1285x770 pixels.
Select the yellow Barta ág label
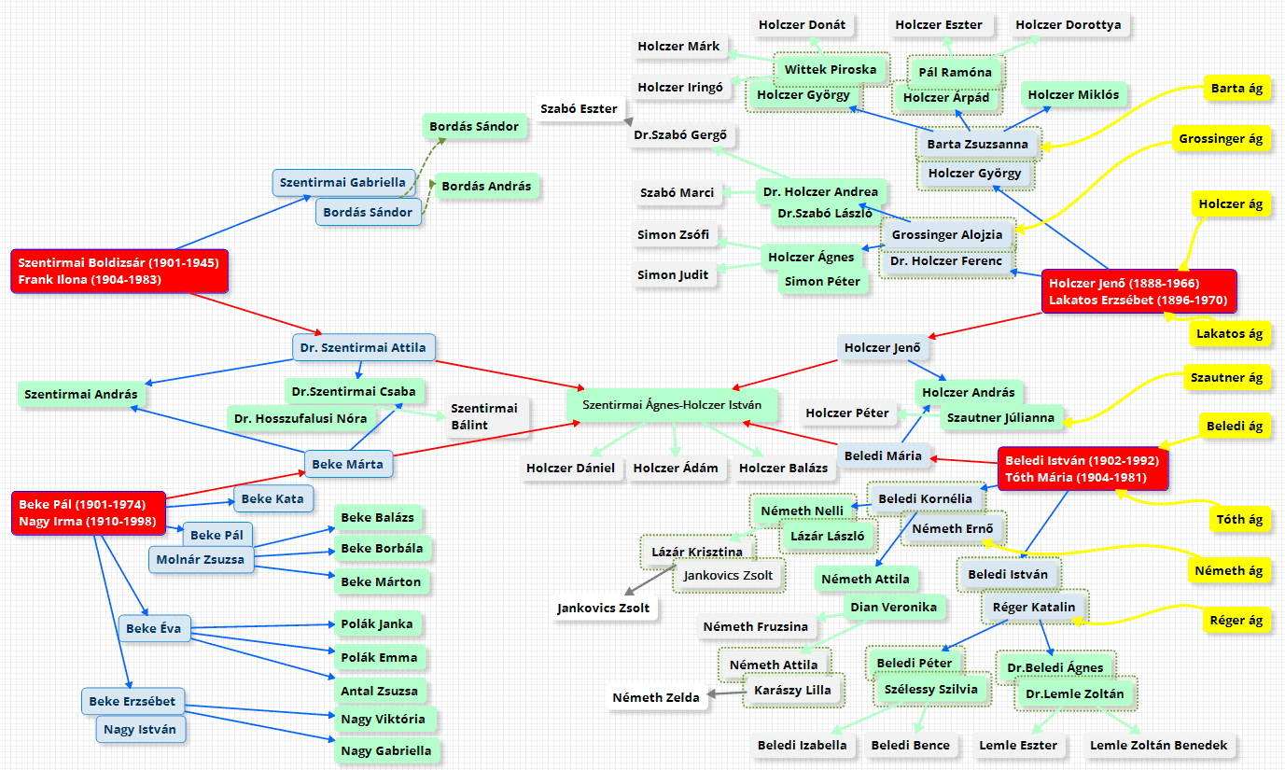click(x=1236, y=88)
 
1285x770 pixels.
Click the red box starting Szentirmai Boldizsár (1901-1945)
click(x=119, y=271)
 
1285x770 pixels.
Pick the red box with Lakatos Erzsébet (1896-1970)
click(x=1138, y=291)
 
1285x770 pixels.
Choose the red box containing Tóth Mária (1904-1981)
click(x=1082, y=469)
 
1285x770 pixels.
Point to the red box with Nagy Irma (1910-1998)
click(x=88, y=512)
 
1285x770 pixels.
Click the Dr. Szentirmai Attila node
click(x=363, y=347)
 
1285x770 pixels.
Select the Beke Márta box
click(x=347, y=463)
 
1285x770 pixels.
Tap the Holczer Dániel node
click(x=570, y=468)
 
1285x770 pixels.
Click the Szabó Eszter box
click(x=579, y=108)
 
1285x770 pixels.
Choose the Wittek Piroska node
click(x=831, y=69)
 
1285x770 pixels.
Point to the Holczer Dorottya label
click(x=1068, y=25)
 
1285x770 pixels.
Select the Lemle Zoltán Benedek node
click(x=1159, y=745)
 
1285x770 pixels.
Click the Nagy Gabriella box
click(x=385, y=750)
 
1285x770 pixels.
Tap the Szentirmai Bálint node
click(x=483, y=416)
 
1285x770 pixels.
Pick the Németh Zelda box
click(x=655, y=697)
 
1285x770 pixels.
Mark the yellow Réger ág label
click(x=1236, y=620)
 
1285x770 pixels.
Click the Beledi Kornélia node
click(x=925, y=498)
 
